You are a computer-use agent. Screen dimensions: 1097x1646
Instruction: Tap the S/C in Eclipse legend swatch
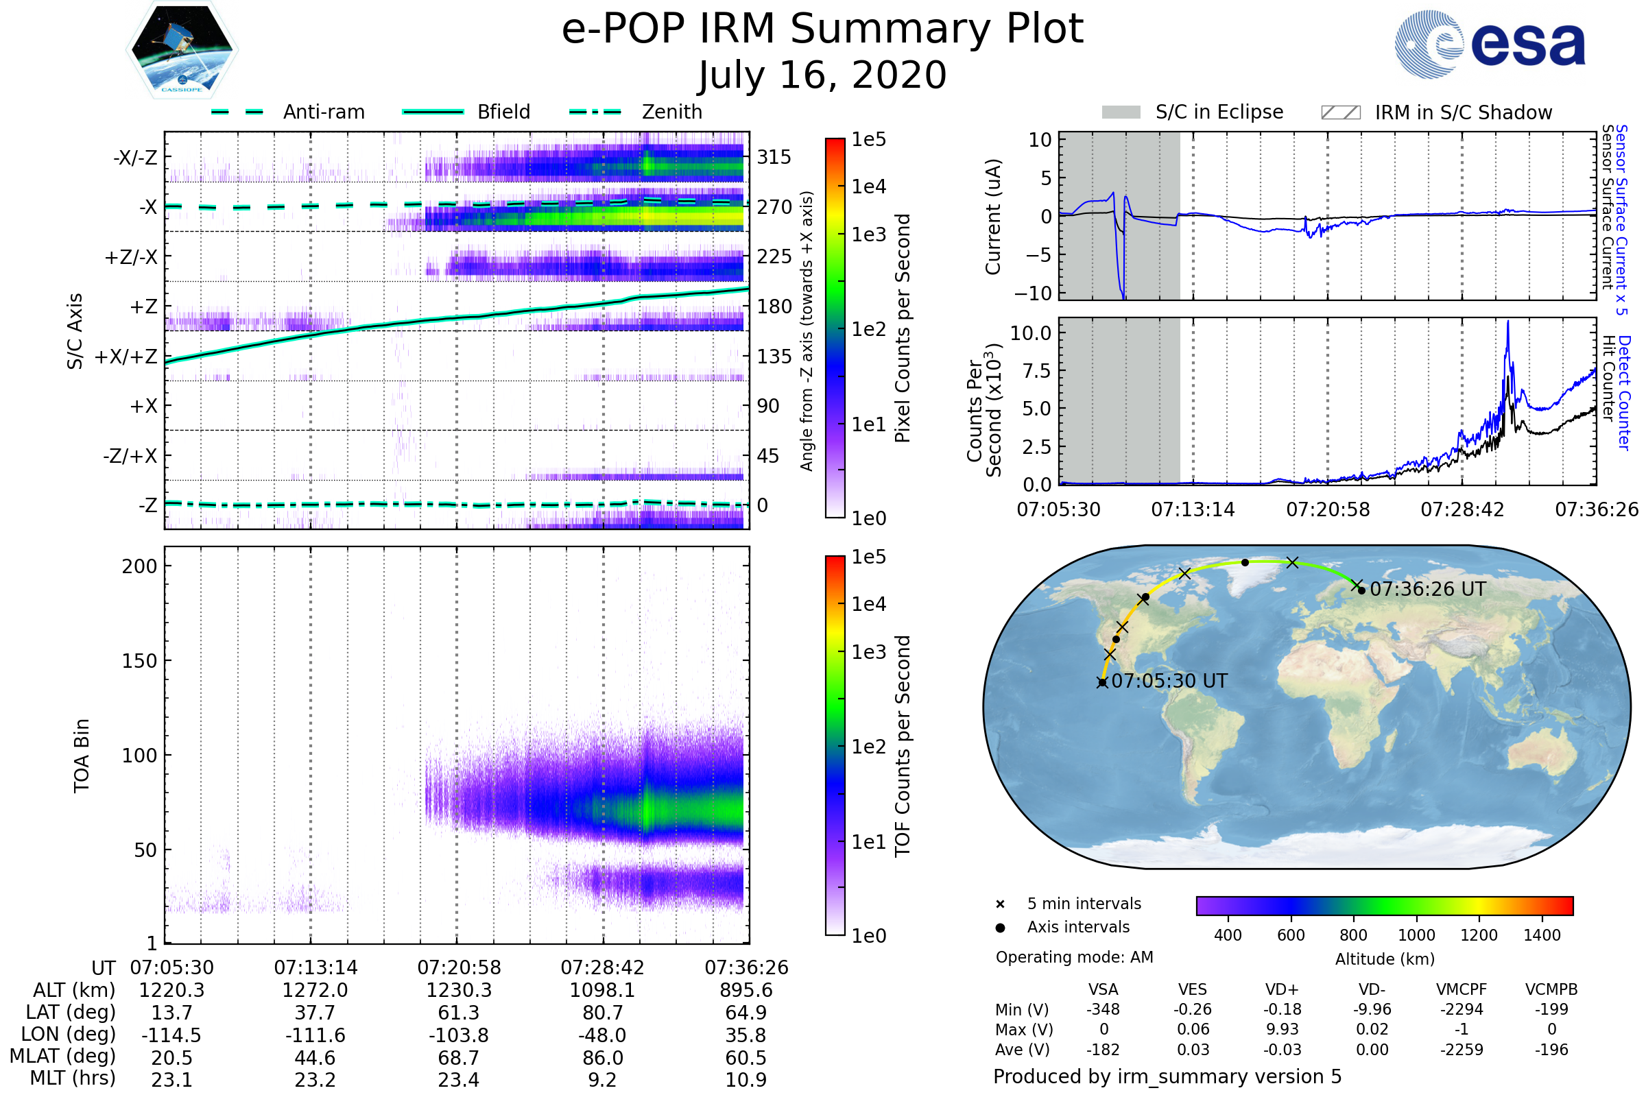(1121, 112)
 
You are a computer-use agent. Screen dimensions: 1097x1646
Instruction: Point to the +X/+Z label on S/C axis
(126, 357)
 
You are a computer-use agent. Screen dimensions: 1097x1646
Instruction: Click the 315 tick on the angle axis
(774, 157)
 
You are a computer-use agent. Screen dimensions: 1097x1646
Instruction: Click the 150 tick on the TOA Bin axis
(139, 660)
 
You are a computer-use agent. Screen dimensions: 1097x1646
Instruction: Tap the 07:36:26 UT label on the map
(1428, 589)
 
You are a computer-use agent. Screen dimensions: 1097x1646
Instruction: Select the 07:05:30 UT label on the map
(1169, 681)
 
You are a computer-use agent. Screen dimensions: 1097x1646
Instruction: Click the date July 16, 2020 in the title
(822, 75)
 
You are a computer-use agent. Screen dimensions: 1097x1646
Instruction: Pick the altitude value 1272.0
(315, 990)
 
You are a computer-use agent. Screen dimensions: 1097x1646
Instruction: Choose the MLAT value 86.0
(603, 1058)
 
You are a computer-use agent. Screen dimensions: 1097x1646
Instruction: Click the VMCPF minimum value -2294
(1462, 1009)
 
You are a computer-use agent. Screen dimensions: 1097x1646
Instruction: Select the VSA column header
(1103, 989)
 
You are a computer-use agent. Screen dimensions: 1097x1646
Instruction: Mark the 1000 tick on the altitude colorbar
(1416, 935)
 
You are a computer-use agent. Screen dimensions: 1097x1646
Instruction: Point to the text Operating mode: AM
(1074, 957)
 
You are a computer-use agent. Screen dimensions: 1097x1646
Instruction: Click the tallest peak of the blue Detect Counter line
(1508, 322)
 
